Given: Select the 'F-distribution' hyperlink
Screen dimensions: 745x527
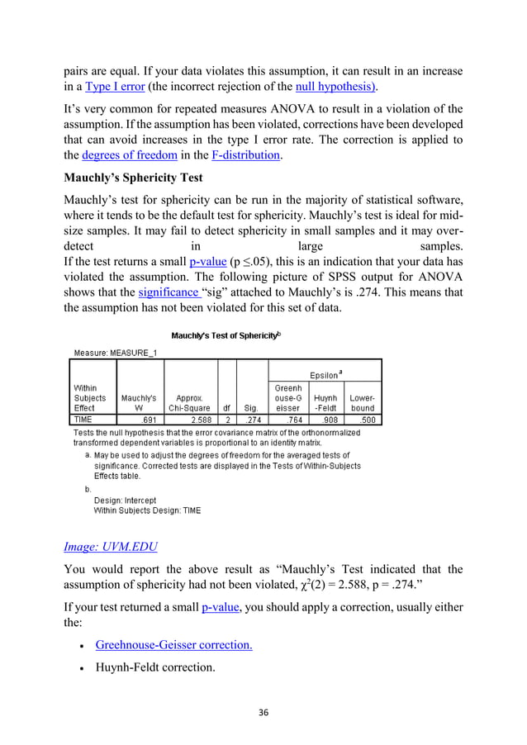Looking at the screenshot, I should click(235, 154).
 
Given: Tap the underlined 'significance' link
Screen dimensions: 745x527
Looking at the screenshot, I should click(168, 292).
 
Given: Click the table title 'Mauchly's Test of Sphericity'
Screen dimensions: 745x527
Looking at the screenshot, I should click(226, 335).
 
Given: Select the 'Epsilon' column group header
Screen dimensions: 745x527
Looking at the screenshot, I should click(326, 373).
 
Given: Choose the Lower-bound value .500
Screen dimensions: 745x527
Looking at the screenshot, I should click(364, 420).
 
